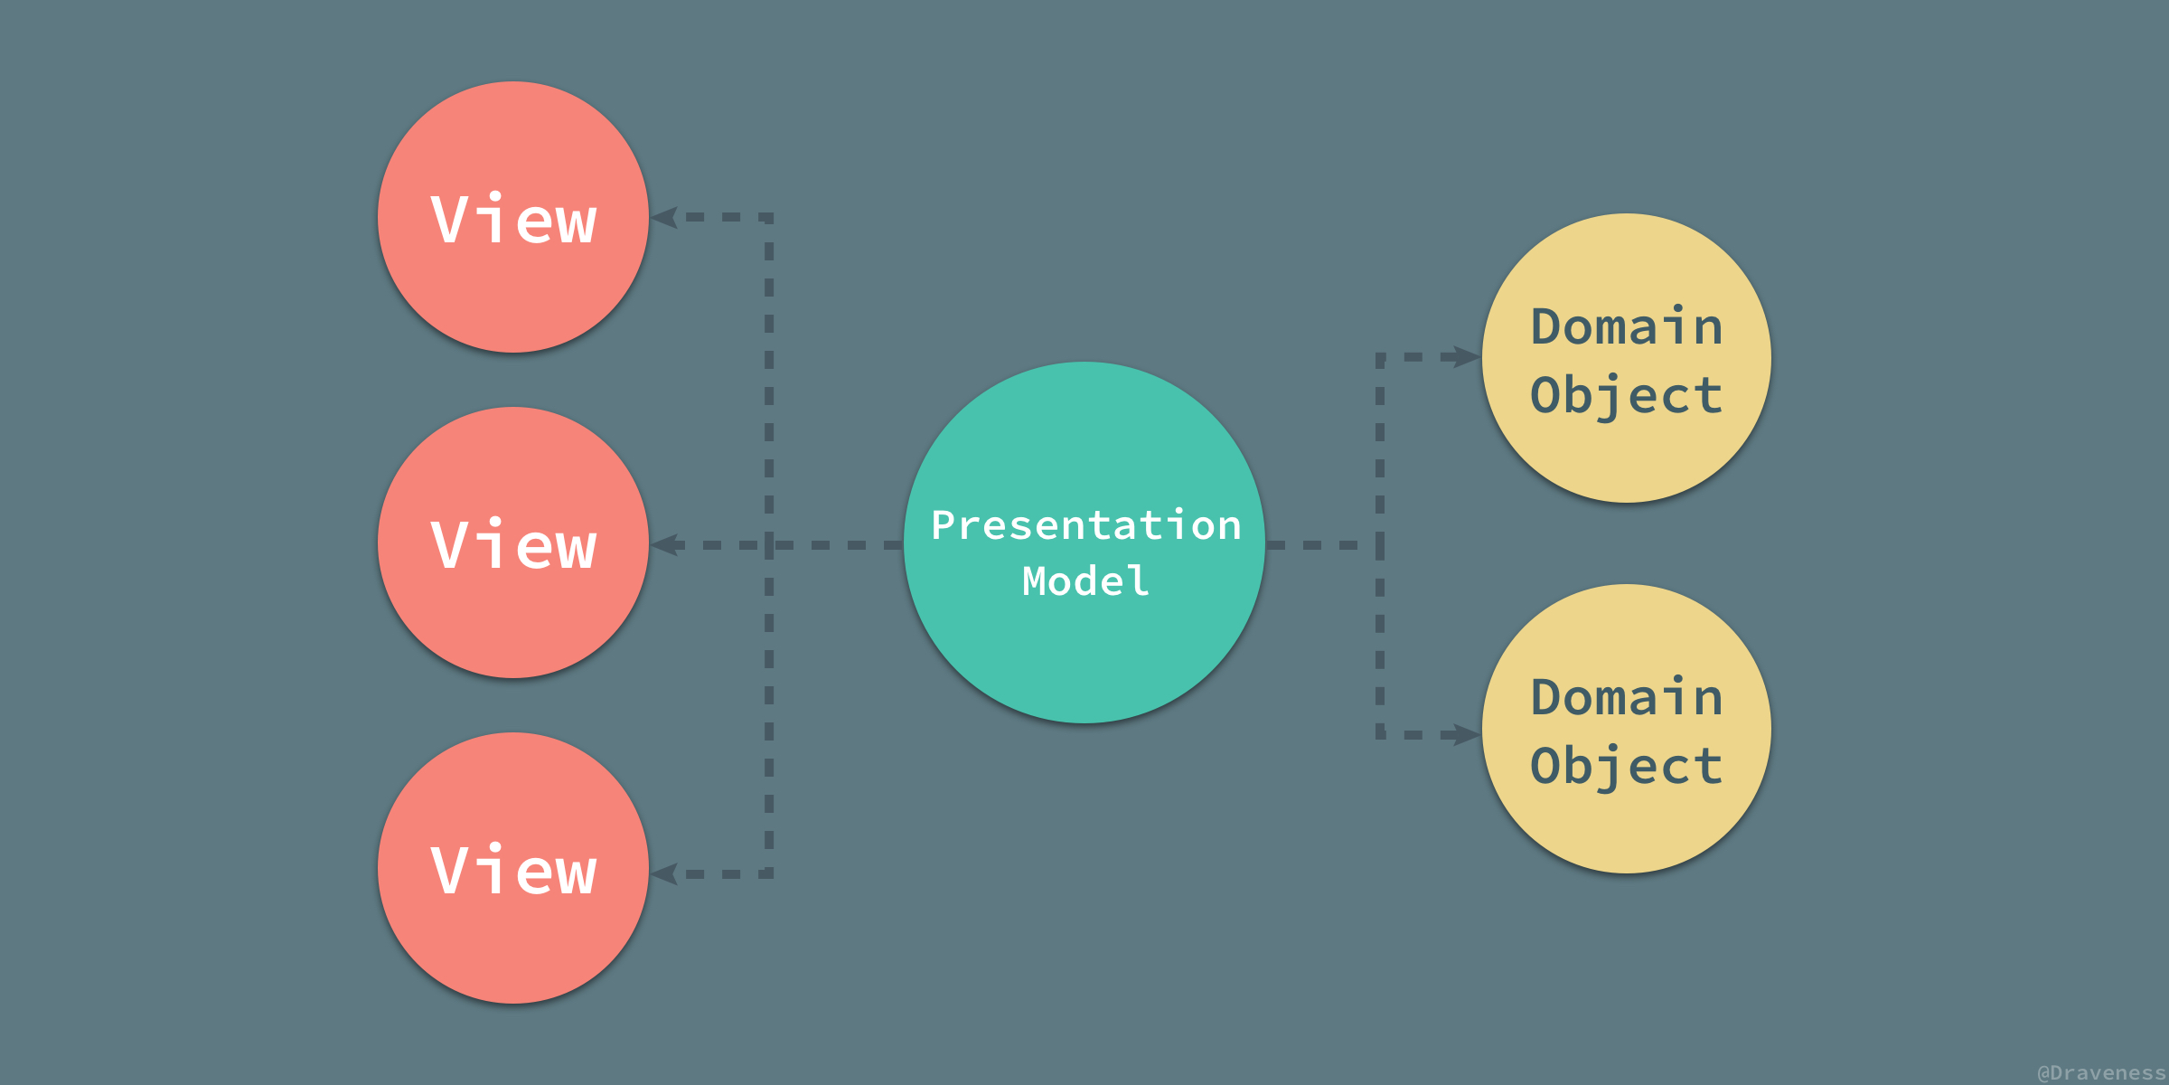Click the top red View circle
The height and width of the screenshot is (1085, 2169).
pos(513,217)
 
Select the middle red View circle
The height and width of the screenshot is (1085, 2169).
pos(513,542)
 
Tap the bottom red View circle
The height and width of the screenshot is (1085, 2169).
pos(513,868)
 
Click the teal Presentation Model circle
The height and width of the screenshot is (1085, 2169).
pos(1084,542)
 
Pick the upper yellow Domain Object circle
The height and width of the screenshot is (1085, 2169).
pos(1627,358)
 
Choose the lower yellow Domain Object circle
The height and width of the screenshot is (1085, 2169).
pos(1627,729)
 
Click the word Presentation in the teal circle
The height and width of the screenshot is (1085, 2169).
pos(1086,524)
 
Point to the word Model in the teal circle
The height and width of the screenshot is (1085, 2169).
pos(1085,580)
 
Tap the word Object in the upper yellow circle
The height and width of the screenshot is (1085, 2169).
pos(1627,396)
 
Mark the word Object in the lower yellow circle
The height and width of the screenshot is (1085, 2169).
pos(1627,767)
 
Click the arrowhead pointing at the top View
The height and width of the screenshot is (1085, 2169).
pos(664,217)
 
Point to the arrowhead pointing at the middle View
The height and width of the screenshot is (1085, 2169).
pos(664,544)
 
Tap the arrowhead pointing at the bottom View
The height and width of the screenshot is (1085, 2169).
pos(664,873)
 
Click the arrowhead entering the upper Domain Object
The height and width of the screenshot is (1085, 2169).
pos(1466,357)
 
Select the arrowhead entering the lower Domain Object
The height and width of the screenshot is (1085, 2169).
pos(1466,734)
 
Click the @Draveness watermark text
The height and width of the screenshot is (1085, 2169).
pos(2102,1072)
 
